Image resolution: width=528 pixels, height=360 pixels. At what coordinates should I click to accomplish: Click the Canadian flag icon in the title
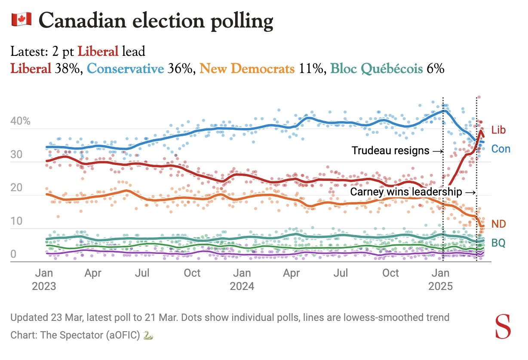20,20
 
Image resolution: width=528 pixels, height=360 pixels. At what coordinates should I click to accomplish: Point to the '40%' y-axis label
20,121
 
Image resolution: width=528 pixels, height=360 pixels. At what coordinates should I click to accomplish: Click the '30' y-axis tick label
16,155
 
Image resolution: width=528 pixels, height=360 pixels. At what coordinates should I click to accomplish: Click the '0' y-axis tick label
13,255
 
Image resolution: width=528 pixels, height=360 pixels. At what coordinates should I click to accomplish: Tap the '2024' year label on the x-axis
243,286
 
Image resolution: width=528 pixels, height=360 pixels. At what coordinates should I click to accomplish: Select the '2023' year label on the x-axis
44,286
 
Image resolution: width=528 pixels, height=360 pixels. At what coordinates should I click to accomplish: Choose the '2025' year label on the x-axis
441,286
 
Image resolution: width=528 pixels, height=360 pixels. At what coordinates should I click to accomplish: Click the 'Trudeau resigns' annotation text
390,151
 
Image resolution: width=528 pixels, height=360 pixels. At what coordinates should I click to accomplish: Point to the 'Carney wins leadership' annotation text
406,192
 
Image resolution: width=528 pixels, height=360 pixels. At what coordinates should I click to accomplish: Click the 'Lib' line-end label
499,130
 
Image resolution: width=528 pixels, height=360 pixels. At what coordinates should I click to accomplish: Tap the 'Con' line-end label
501,149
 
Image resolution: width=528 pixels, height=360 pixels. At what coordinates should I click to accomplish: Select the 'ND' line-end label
499,224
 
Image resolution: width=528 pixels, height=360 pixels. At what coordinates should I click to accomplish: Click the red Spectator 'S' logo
503,327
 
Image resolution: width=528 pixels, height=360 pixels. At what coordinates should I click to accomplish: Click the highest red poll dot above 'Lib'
479,97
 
